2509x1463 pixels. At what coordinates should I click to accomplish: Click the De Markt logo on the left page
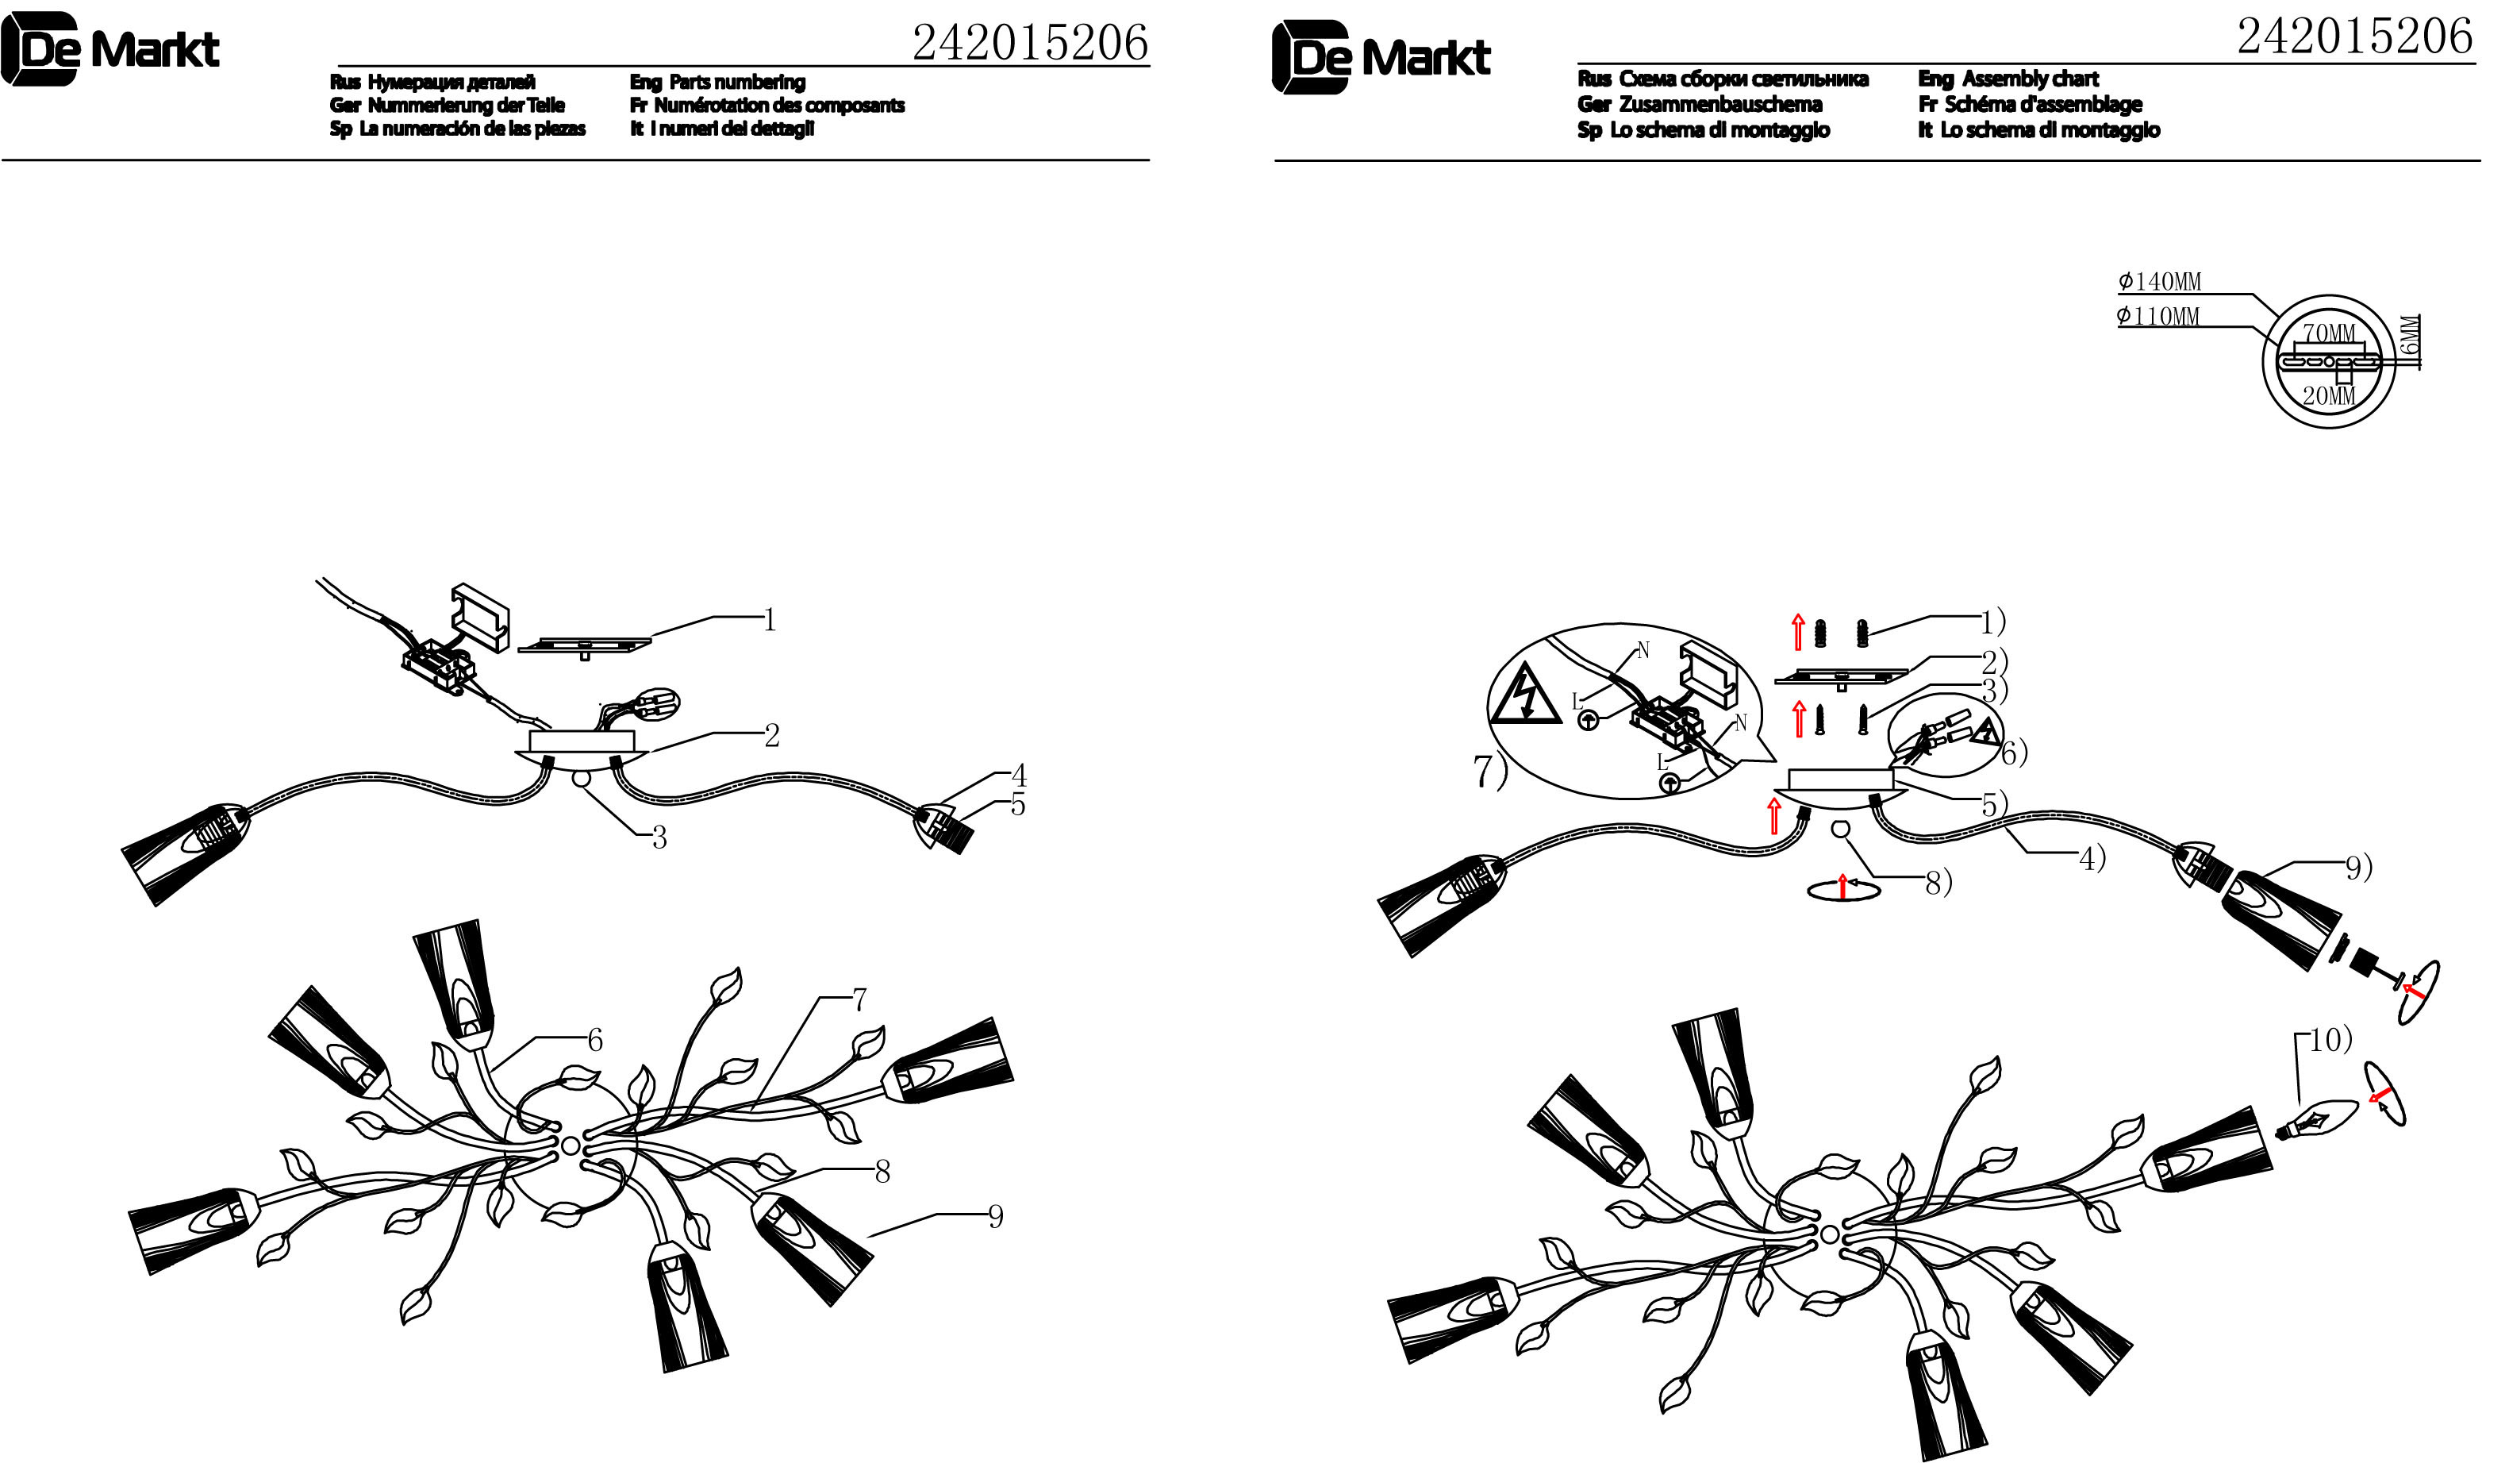point(110,48)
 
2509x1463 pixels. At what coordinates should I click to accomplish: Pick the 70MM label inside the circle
point(2329,333)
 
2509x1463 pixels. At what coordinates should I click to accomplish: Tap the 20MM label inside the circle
point(2329,396)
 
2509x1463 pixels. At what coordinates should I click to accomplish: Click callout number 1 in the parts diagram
point(769,621)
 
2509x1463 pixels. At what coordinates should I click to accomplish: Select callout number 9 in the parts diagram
point(995,1216)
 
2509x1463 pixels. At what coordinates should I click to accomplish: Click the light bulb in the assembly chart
point(2317,1123)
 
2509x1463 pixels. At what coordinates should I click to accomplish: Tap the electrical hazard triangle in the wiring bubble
point(1524,698)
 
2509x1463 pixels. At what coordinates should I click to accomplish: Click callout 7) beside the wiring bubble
point(1489,772)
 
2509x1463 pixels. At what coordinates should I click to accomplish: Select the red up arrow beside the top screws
point(1798,633)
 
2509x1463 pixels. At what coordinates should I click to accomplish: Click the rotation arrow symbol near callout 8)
point(1843,887)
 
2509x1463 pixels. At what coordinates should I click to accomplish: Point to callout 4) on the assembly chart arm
point(2092,858)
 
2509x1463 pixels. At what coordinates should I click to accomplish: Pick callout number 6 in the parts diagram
point(594,1041)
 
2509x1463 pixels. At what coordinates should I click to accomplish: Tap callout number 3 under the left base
point(659,838)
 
